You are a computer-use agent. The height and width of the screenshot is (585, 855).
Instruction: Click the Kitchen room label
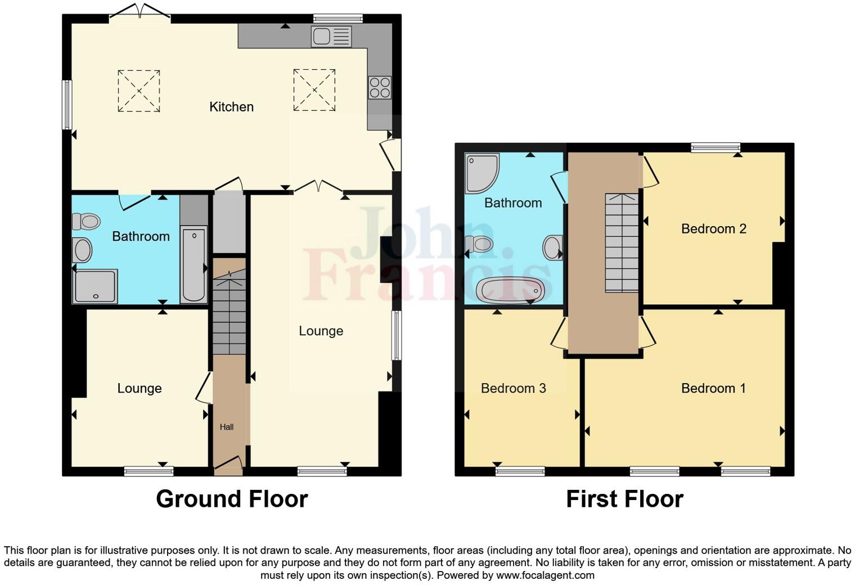(231, 107)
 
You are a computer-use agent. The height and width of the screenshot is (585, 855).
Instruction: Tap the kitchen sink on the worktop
(331, 37)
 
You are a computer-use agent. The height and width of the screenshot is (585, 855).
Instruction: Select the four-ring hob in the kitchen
(380, 88)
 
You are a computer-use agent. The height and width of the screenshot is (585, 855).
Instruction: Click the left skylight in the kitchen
(138, 91)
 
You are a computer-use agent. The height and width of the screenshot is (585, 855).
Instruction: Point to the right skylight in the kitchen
(314, 90)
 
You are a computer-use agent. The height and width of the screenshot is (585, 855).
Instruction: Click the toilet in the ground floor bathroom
(86, 221)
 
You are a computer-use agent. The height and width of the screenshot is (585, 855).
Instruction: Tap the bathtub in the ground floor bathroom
(193, 264)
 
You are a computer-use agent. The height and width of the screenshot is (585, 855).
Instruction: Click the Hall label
(227, 427)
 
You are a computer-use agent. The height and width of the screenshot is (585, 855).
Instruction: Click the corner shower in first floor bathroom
(481, 171)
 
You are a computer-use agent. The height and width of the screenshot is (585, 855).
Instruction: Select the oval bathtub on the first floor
(510, 290)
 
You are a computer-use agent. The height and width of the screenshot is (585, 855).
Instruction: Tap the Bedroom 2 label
(713, 229)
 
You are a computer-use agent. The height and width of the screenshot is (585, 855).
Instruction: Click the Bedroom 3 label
(513, 388)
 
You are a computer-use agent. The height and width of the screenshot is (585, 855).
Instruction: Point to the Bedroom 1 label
(713, 388)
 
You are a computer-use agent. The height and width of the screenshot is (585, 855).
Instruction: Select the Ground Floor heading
(232, 499)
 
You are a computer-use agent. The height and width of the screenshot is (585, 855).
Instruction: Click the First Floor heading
(624, 499)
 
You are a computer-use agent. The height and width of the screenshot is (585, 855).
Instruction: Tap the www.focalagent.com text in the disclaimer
(544, 575)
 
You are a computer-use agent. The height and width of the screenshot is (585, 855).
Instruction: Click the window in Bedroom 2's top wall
(715, 147)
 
